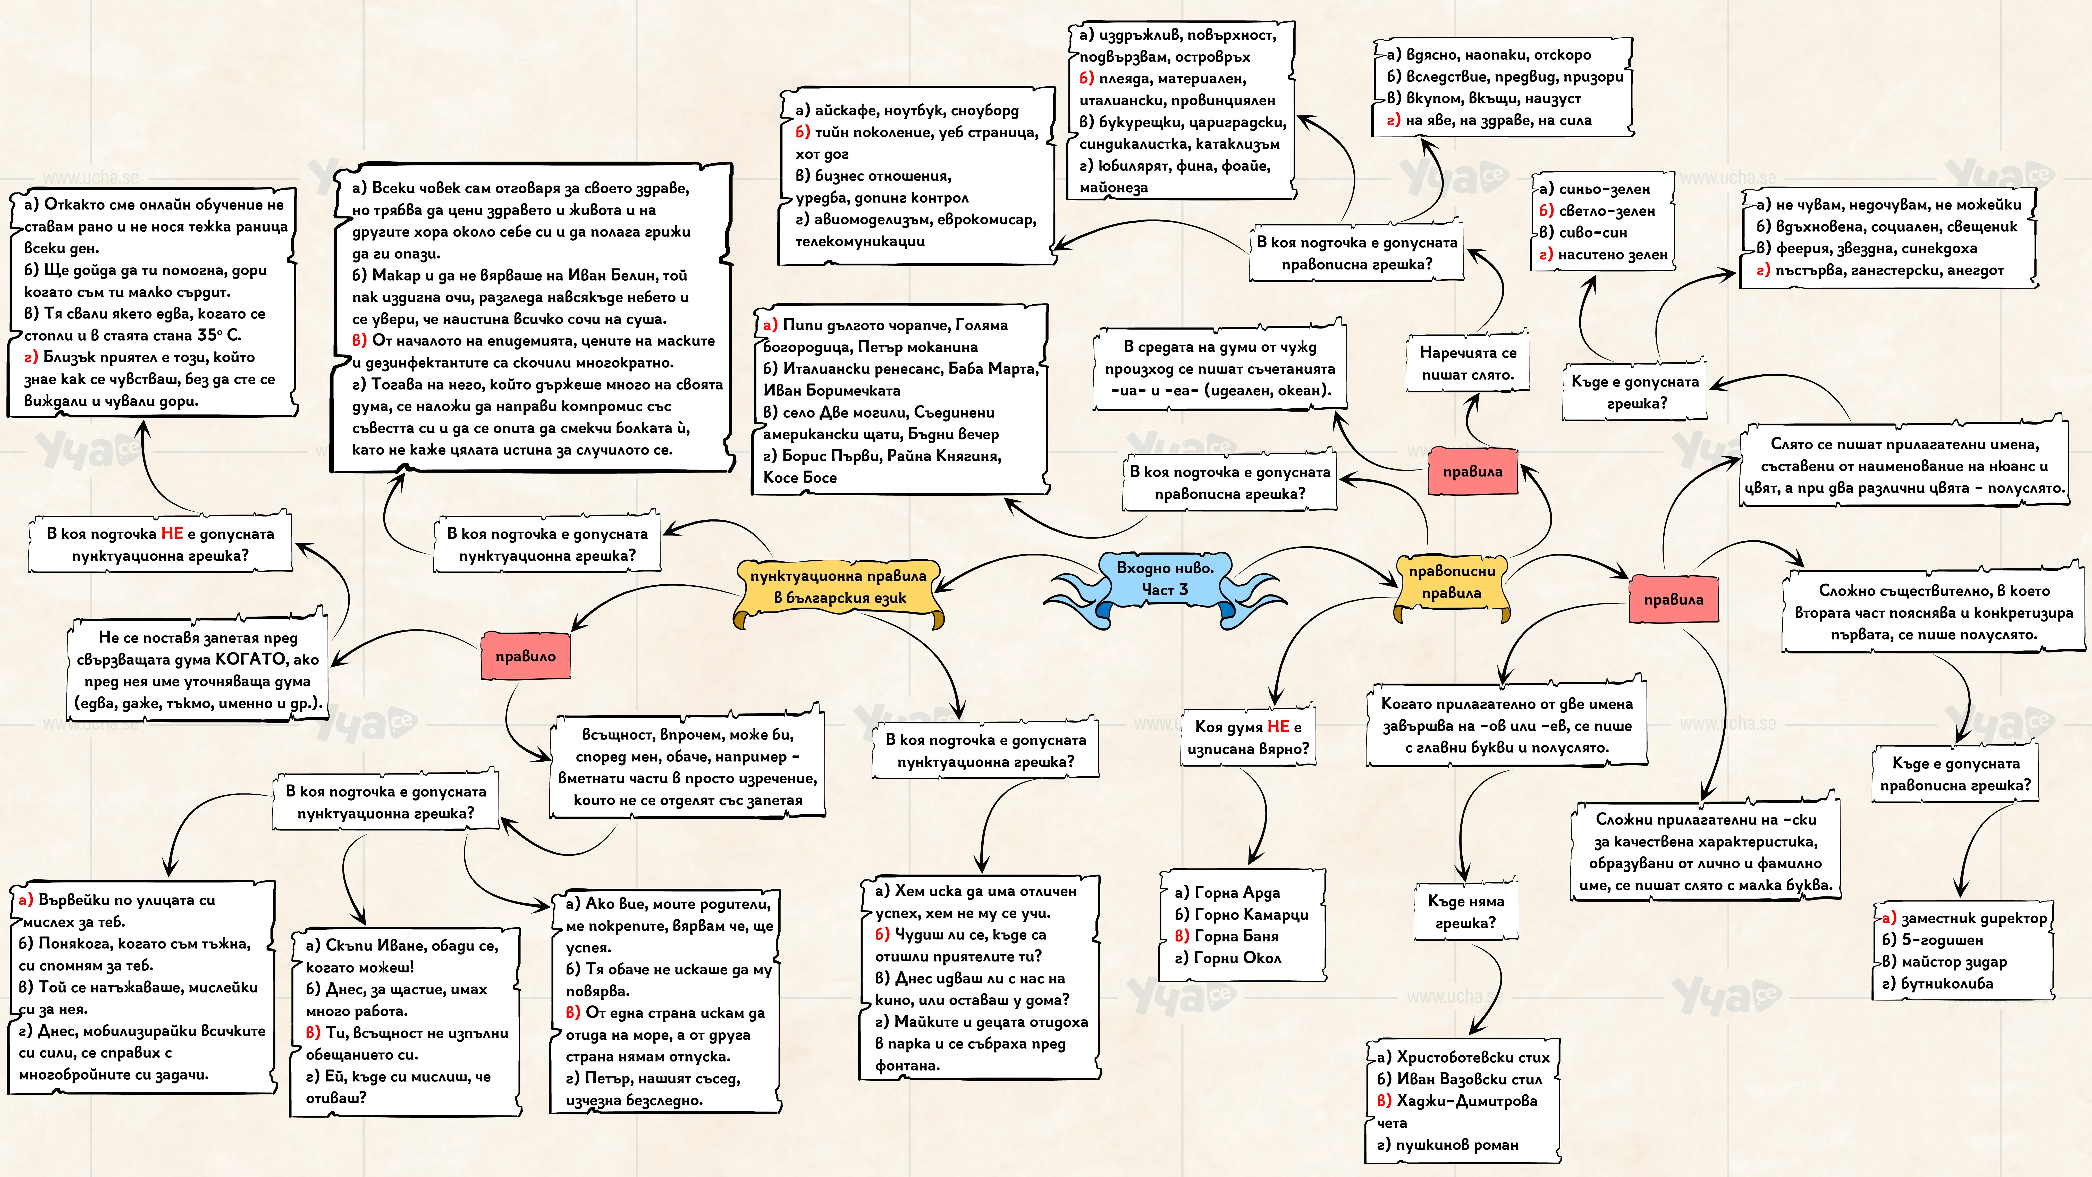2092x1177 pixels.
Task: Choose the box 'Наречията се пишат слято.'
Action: click(1467, 364)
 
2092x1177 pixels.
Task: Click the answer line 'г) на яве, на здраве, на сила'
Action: click(1489, 120)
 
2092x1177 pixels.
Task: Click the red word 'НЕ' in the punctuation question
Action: click(172, 534)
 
